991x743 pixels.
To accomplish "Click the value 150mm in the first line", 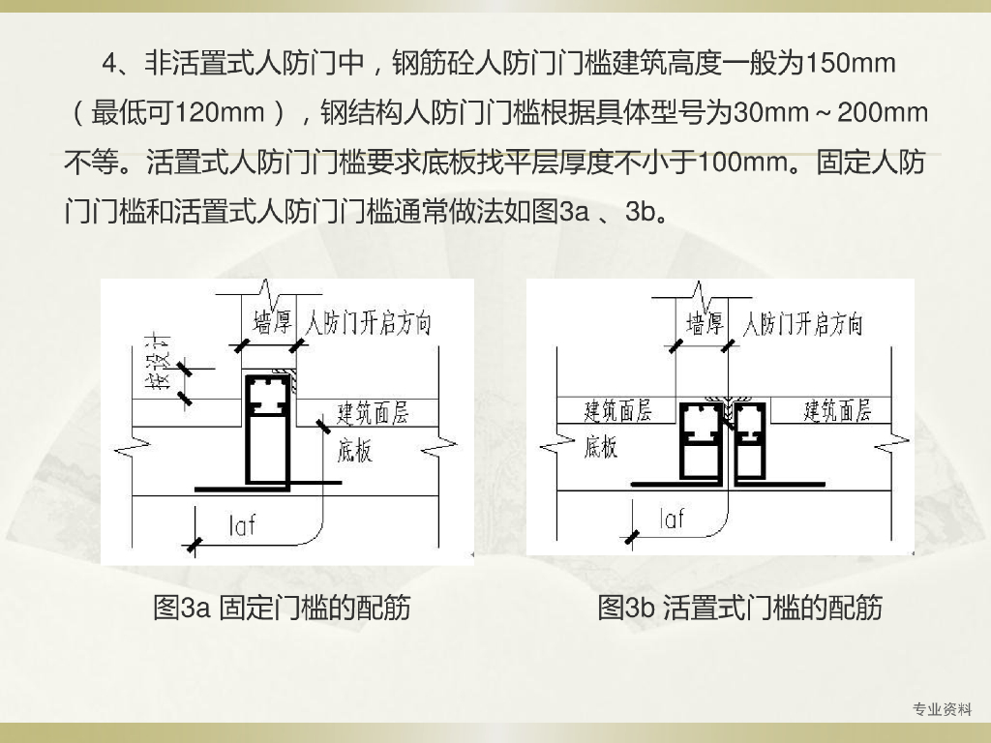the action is coord(852,65).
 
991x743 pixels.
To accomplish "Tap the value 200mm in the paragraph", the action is coord(883,113).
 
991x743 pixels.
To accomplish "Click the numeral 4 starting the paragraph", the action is coord(109,65).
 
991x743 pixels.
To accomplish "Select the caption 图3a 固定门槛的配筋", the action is coord(282,608).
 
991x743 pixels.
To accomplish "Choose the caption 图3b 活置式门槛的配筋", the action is coord(740,608).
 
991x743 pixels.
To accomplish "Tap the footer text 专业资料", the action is coord(943,710).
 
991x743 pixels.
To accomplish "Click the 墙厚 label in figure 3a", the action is coord(274,322).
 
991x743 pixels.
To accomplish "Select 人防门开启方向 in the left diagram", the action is coord(368,322).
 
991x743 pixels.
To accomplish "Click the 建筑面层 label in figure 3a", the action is coord(373,413).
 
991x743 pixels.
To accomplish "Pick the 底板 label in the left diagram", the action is coord(355,450).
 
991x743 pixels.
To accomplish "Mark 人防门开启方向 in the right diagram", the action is coord(801,323).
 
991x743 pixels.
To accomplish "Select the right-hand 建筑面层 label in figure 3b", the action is coord(838,410).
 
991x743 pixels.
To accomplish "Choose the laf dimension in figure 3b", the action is coord(672,519).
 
